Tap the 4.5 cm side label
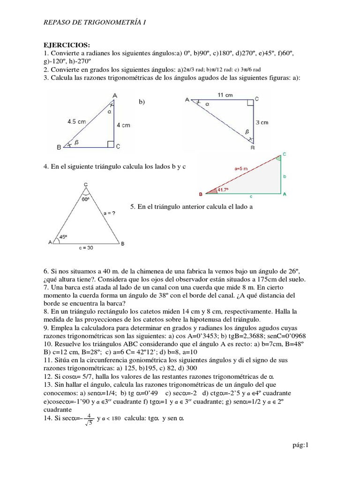click(77, 120)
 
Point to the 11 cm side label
click(225, 95)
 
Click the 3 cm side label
click(262, 122)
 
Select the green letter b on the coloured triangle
click(285, 176)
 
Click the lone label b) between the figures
click(142, 102)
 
